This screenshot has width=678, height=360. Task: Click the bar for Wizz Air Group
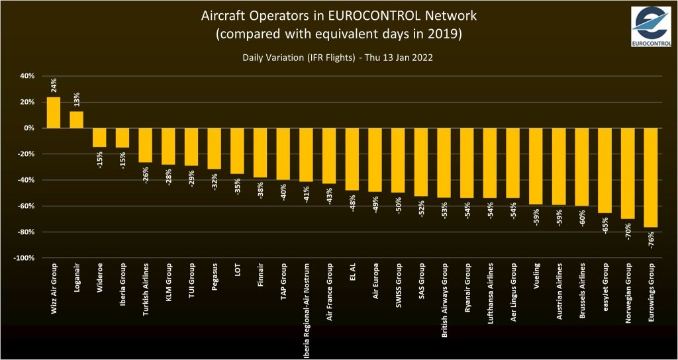54,112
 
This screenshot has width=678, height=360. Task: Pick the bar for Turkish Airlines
145,145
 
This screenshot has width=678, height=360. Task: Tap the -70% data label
628,232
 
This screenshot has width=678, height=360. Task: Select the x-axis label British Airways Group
444,301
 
